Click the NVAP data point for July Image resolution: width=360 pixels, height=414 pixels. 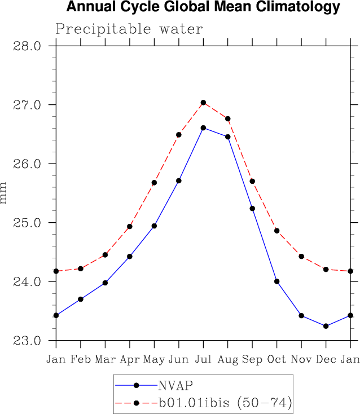pyautogui.click(x=203, y=128)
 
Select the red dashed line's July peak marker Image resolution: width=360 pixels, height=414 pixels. pyautogui.click(x=203, y=103)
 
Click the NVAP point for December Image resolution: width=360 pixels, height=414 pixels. pyautogui.click(x=326, y=326)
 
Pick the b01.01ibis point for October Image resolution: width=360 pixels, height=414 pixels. pyautogui.click(x=276, y=231)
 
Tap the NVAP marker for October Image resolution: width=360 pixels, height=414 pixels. pyautogui.click(x=276, y=281)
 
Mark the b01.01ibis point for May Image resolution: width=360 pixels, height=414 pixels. pyautogui.click(x=154, y=183)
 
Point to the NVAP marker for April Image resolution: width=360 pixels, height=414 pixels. pyautogui.click(x=130, y=257)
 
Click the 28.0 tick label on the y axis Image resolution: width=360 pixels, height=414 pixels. pyautogui.click(x=27, y=46)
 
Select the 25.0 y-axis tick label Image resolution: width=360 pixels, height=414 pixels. pyautogui.click(x=27, y=223)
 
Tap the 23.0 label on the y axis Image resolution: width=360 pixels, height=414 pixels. pyautogui.click(x=27, y=341)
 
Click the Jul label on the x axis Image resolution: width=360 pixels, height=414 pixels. pyautogui.click(x=203, y=360)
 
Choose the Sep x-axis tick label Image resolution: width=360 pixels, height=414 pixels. pyautogui.click(x=252, y=360)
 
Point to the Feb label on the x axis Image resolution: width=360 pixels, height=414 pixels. pyautogui.click(x=81, y=360)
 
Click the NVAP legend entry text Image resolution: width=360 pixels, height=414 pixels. pyautogui.click(x=175, y=386)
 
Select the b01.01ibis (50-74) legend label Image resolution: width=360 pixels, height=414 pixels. pyautogui.click(x=224, y=403)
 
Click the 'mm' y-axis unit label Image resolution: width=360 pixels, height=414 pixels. pyautogui.click(x=4, y=193)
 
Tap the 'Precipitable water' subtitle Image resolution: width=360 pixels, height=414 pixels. pyautogui.click(x=129, y=29)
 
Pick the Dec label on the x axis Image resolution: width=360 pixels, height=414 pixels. pyautogui.click(x=326, y=360)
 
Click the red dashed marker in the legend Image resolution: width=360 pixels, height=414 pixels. pyautogui.click(x=136, y=403)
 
